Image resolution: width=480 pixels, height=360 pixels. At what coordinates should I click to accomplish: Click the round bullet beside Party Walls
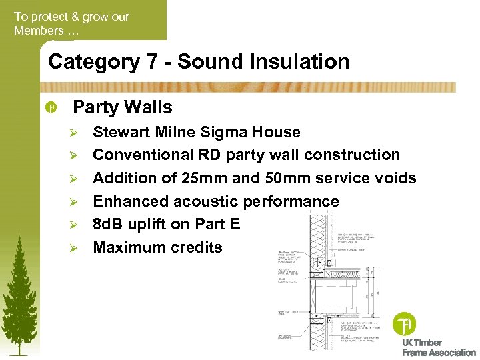[x=52, y=107]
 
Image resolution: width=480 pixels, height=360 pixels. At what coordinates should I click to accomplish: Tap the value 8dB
[x=109, y=224]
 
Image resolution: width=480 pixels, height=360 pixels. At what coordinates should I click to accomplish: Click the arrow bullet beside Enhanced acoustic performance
[x=74, y=201]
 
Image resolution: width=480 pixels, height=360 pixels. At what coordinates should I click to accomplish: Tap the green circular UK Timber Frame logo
[x=404, y=324]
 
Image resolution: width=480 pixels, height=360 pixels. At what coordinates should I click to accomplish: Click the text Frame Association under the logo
[x=439, y=353]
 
